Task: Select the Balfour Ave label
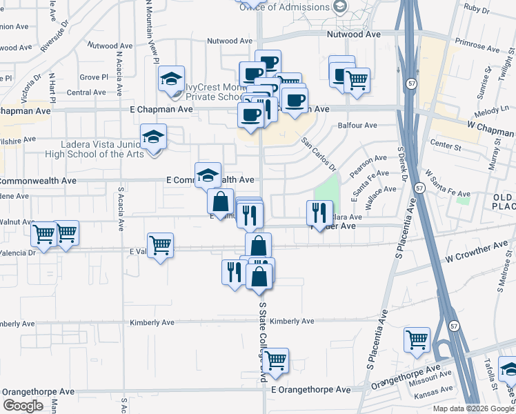coord(357,126)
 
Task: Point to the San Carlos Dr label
coord(318,153)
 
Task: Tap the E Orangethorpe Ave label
coord(310,389)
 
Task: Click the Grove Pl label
coord(94,77)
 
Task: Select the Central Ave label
coord(86,92)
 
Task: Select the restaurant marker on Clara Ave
coord(319,213)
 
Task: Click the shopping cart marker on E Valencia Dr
coord(160,245)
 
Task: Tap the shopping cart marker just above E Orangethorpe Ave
coord(275,360)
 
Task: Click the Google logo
coord(23,406)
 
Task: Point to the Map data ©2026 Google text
coord(473,408)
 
